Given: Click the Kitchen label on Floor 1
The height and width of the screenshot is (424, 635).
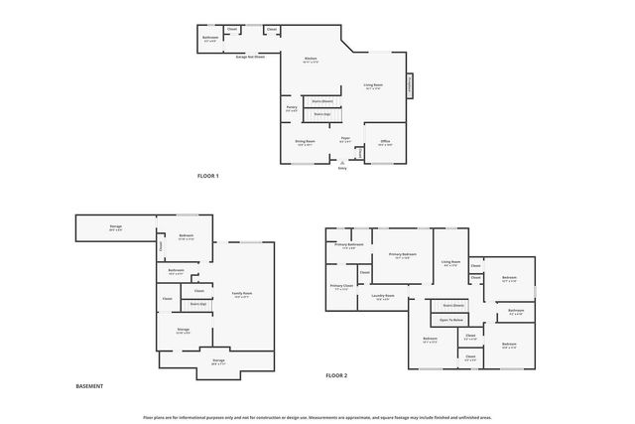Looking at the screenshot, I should pos(312,60).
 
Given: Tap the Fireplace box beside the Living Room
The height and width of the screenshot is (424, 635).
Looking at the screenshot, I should pos(409,86).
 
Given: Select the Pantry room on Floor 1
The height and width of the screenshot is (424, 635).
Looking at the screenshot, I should pos(292,108).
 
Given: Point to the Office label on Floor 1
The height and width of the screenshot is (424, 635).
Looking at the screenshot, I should pos(385,142).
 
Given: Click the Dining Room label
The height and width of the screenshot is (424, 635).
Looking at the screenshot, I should pos(305,142).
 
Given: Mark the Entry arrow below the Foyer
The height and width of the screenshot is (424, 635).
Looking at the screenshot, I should pos(342,166).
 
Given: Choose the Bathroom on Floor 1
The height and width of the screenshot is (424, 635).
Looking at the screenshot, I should pos(210,38).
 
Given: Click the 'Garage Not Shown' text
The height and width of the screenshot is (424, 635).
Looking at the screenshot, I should pos(250,57).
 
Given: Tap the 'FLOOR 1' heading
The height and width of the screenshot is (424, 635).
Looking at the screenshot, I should pos(207,176).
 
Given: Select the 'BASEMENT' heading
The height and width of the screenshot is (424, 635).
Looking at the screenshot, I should pos(89,386).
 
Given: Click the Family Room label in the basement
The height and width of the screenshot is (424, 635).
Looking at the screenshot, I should pos(241,294).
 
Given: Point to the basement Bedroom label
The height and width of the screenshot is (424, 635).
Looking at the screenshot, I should pos(186,237).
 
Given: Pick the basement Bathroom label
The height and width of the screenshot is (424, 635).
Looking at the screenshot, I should pos(177,271).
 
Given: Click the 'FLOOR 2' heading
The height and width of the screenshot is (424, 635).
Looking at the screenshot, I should pos(336,376).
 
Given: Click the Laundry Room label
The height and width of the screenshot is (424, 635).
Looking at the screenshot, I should pos(383,296).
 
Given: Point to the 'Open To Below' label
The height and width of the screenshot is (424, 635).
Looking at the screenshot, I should pos(452,320).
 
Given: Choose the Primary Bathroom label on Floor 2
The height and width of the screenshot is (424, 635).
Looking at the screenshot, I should pos(348,244).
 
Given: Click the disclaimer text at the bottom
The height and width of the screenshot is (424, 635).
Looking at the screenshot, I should pos(317,418).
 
